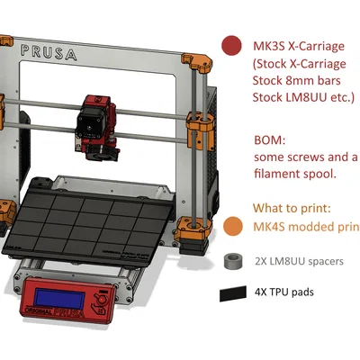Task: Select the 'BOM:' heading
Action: (271, 140)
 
